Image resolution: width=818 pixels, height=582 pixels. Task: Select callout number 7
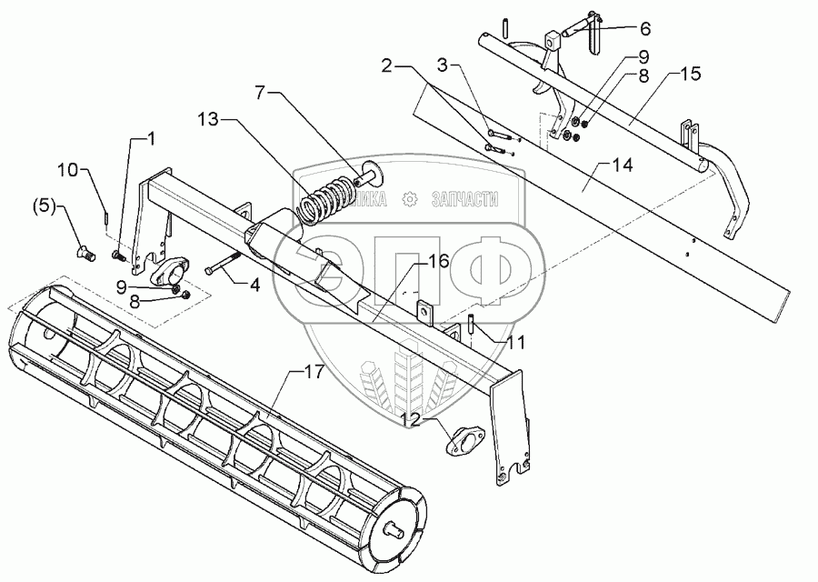[x=261, y=94]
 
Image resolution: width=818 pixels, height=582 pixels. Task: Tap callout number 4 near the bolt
[x=255, y=285]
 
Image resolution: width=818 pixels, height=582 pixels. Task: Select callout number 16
[x=439, y=262]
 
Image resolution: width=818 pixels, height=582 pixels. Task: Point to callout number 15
[x=690, y=73]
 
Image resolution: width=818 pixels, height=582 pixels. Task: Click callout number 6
[x=644, y=27]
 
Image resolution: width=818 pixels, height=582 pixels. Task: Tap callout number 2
[x=387, y=65]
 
